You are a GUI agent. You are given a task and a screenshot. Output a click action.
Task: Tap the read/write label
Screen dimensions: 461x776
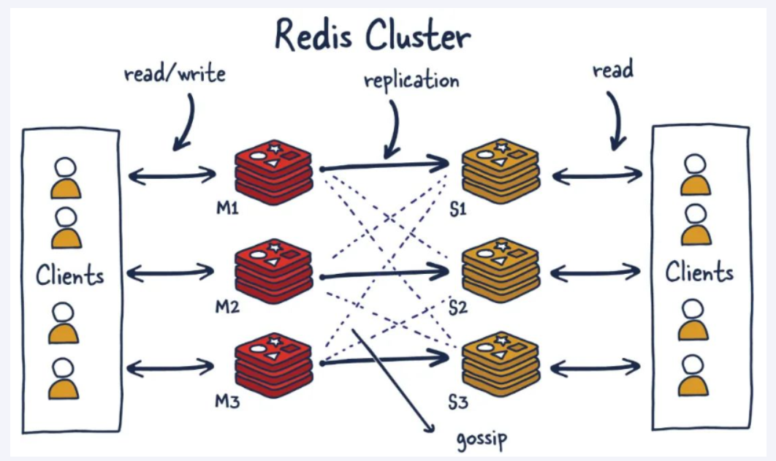point(174,73)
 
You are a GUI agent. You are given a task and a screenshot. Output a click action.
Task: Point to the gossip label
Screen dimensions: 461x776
point(481,438)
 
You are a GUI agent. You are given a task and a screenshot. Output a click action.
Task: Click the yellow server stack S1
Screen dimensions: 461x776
point(501,171)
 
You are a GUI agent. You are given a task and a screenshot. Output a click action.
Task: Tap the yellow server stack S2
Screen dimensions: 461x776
point(501,271)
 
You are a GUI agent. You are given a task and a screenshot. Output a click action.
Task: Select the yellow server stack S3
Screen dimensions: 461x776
point(501,365)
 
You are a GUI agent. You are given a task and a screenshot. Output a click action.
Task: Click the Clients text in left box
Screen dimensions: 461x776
point(70,276)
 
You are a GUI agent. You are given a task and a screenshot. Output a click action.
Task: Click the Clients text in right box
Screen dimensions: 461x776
point(699,273)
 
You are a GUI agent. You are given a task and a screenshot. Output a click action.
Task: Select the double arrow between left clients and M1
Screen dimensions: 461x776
point(172,175)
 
